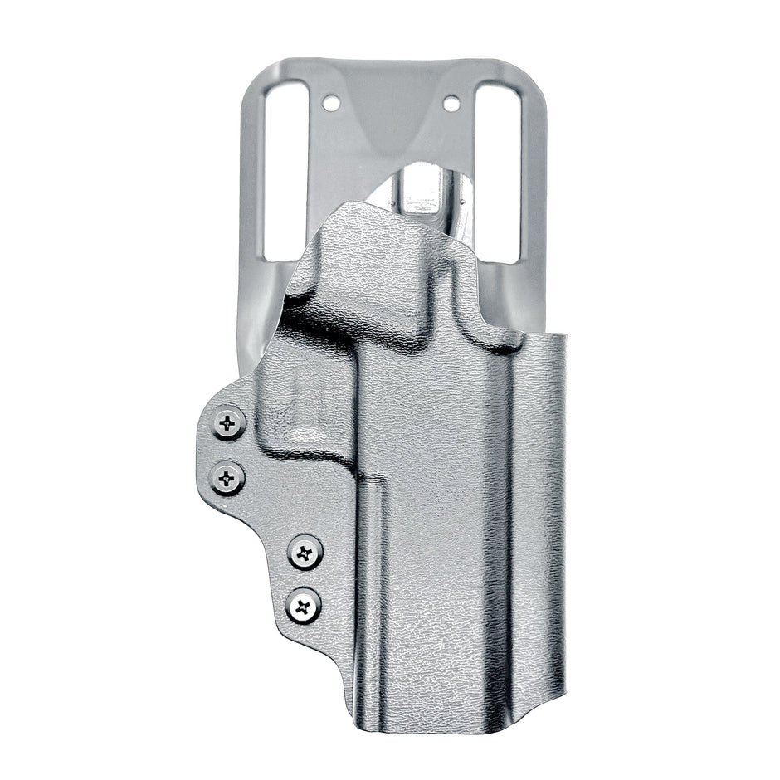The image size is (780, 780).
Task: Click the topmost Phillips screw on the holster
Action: tap(229, 423)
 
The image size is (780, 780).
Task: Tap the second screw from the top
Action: tap(227, 478)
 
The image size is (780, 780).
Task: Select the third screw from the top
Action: tap(305, 552)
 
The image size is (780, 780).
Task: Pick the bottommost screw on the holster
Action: tap(305, 606)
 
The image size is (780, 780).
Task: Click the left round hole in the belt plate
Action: tap(330, 104)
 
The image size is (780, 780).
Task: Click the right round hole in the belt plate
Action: tap(451, 104)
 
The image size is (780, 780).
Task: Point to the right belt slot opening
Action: tap(499, 166)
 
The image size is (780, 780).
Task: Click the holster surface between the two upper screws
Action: tap(228, 451)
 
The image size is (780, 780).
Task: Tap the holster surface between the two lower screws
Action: tap(305, 578)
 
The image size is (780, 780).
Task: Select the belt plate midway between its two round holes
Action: tap(391, 104)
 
